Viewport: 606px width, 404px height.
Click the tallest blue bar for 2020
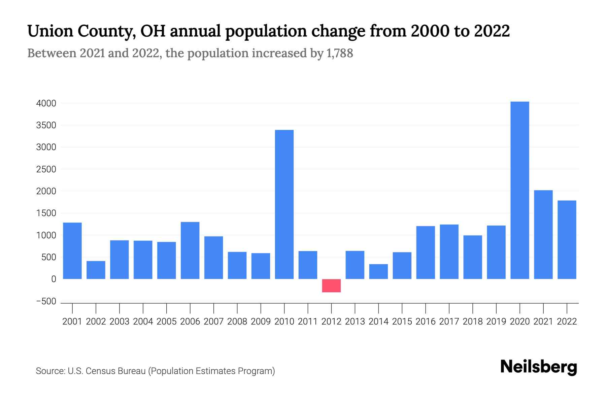pyautogui.click(x=519, y=190)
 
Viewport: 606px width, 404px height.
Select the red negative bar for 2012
pyautogui.click(x=331, y=285)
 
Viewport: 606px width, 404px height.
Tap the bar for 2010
pyautogui.click(x=284, y=204)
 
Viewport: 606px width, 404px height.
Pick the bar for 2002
pyautogui.click(x=96, y=270)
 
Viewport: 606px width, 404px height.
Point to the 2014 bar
pyautogui.click(x=378, y=271)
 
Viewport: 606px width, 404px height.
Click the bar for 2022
pyautogui.click(x=567, y=240)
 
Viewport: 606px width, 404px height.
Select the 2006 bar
pyautogui.click(x=190, y=250)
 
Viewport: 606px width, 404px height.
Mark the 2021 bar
pyautogui.click(x=543, y=235)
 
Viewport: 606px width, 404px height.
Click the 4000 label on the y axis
pyautogui.click(x=46, y=103)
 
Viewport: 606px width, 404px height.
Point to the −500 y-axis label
pyautogui.click(x=46, y=301)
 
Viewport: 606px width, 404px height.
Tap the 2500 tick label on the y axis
pyautogui.click(x=46, y=169)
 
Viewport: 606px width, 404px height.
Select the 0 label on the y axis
pyautogui.click(x=54, y=279)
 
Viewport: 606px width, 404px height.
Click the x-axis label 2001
pyautogui.click(x=72, y=322)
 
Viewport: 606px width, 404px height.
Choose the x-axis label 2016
pyautogui.click(x=426, y=322)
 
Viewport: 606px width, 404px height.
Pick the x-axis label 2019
pyautogui.click(x=496, y=322)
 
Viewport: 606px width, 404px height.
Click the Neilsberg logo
pyautogui.click(x=539, y=367)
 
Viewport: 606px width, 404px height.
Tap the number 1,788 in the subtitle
pyautogui.click(x=340, y=53)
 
